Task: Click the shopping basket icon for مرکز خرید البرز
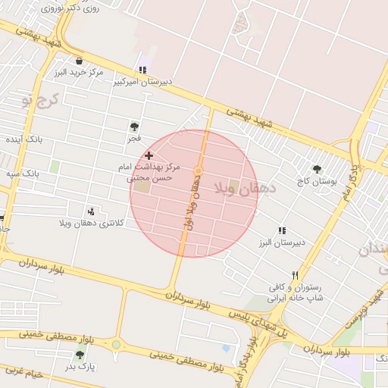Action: click(80, 61)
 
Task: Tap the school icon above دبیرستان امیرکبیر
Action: click(142, 70)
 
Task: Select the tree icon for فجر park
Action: click(134, 127)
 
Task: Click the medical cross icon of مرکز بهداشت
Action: click(149, 155)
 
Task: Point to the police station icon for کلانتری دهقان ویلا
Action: click(92, 211)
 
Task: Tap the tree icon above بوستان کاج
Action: click(317, 170)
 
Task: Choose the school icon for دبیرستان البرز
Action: click(282, 230)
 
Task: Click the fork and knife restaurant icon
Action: click(295, 276)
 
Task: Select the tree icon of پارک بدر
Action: click(80, 355)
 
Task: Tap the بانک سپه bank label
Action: click(23, 174)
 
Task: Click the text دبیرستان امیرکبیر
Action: click(143, 81)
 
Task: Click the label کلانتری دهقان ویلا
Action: click(89, 224)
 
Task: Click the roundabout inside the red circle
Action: click(198, 171)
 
